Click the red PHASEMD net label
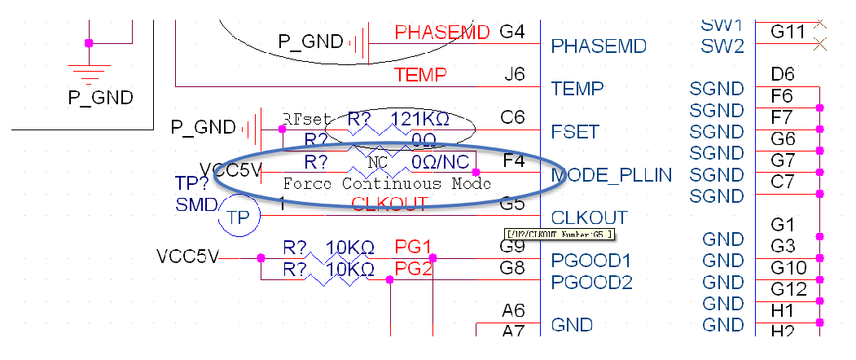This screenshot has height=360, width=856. pyautogui.click(x=442, y=33)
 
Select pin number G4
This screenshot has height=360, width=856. pyautogui.click(x=511, y=33)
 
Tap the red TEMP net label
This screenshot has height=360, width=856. pyautogui.click(x=420, y=76)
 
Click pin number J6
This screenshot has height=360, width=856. pyautogui.click(x=514, y=75)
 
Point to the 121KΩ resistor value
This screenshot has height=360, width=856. pyautogui.click(x=419, y=119)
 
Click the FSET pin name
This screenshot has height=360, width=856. pyautogui.click(x=575, y=131)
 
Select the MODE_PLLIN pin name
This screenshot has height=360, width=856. pyautogui.click(x=612, y=174)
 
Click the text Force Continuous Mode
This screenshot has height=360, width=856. pyautogui.click(x=387, y=183)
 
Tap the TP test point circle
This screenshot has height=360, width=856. pyautogui.click(x=238, y=217)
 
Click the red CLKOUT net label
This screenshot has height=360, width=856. pyautogui.click(x=389, y=204)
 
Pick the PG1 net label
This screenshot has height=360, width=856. pyautogui.click(x=413, y=246)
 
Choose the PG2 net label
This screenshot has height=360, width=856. pyautogui.click(x=413, y=268)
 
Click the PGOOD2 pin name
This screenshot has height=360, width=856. pyautogui.click(x=591, y=283)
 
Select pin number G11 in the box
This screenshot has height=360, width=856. pyautogui.click(x=788, y=32)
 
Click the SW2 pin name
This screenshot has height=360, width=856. pyautogui.click(x=722, y=46)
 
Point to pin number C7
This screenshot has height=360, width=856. pyautogui.click(x=782, y=182)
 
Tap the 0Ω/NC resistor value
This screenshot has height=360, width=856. pyautogui.click(x=440, y=161)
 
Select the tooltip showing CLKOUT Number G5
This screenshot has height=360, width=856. pyautogui.click(x=560, y=235)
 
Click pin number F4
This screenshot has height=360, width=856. pyautogui.click(x=514, y=160)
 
